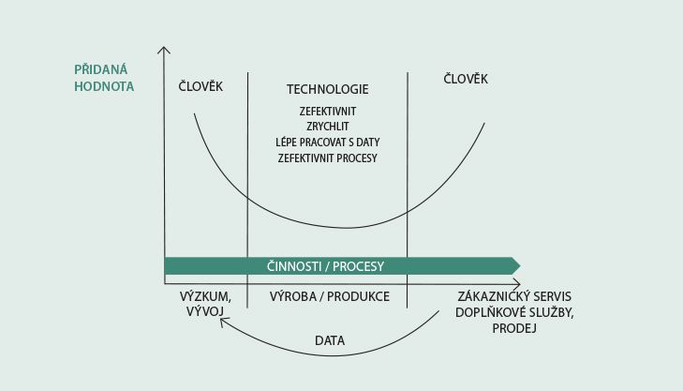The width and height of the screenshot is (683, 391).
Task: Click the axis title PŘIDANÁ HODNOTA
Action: (104, 78)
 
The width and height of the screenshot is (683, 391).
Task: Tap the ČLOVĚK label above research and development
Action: (200, 86)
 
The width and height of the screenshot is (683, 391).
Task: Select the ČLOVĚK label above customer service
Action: (466, 79)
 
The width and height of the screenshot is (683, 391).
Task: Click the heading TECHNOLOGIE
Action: (328, 89)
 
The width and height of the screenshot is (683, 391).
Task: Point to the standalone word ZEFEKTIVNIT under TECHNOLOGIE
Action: (328, 112)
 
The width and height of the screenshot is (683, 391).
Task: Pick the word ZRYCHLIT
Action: (328, 127)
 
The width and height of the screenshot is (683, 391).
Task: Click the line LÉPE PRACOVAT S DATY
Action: (328, 143)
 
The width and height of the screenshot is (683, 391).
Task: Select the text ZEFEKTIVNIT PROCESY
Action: (328, 158)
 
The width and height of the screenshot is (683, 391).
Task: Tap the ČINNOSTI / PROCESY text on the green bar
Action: (325, 266)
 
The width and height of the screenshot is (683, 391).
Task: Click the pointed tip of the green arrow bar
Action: (520, 266)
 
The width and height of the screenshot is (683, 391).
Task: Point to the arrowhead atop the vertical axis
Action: (163, 48)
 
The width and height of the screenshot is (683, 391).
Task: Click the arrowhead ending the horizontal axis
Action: (519, 284)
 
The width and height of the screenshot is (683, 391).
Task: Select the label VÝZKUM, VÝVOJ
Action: (205, 304)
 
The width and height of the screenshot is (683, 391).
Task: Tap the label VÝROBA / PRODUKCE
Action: (329, 296)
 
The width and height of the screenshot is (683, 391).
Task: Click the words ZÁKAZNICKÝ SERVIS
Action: (514, 296)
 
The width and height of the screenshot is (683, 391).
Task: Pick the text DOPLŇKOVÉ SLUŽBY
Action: (514, 312)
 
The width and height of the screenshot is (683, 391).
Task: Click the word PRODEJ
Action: (514, 328)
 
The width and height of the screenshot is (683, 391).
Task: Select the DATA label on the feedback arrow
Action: (330, 340)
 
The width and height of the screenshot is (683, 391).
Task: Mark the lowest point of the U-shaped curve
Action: (347, 228)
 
